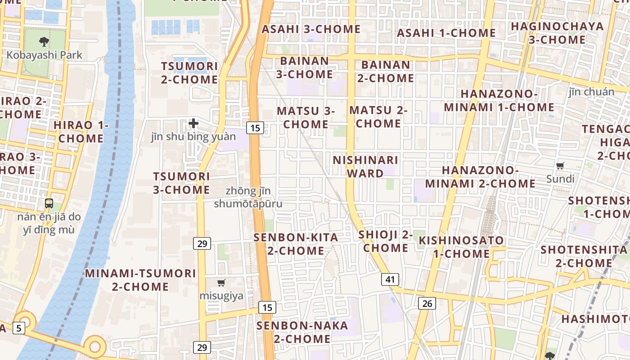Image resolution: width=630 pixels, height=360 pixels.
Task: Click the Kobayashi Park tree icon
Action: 44,42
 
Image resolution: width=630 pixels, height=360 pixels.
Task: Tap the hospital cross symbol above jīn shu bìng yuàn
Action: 193,123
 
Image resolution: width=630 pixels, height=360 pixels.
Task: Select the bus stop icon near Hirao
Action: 49,203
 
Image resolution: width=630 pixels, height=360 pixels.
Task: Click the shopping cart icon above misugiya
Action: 221,283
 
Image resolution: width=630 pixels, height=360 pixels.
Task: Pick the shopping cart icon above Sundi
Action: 560,166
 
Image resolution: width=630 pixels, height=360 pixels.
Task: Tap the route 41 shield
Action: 390,279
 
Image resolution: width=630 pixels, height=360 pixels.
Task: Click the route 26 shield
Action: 427,303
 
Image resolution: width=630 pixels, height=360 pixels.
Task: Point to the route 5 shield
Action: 18,328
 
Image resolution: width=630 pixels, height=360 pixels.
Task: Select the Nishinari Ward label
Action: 365,166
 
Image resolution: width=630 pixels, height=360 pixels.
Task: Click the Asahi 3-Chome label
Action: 311,29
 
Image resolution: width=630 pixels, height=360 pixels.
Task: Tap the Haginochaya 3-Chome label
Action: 557,33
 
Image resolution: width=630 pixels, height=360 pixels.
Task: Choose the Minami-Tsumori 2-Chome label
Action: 140,280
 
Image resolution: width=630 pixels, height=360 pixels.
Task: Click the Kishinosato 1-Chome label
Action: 461,247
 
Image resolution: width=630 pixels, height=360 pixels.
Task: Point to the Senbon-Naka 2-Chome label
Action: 302,332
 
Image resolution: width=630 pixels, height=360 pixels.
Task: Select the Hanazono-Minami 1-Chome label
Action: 499,101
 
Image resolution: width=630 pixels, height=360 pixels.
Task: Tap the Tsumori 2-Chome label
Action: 189,73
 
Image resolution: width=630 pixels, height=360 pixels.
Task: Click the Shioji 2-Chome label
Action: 386,241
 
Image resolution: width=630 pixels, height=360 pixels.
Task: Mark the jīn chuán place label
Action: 591,92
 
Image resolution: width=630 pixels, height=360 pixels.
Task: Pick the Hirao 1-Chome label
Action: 81,131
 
